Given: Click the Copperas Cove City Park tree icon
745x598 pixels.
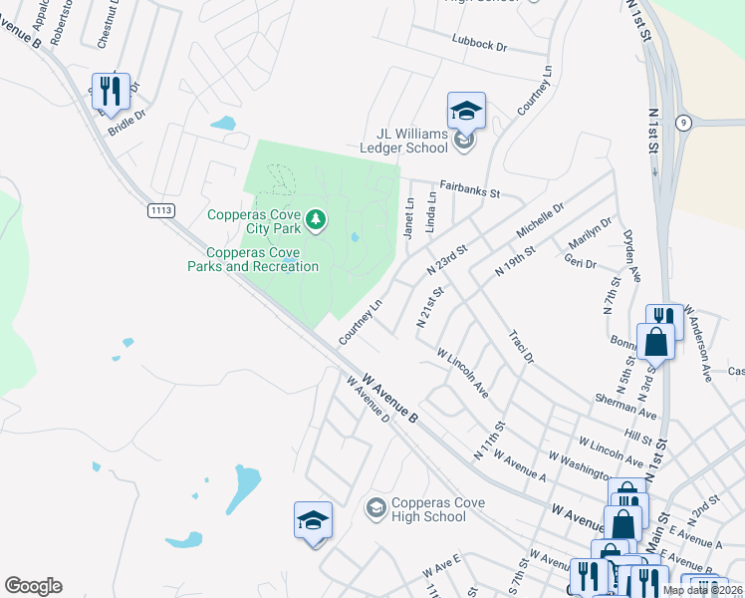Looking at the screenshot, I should (316, 218).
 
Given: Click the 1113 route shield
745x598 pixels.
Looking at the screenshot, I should (160, 210).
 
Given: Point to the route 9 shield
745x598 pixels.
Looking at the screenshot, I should (682, 123).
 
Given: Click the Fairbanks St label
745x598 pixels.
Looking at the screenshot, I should (468, 189).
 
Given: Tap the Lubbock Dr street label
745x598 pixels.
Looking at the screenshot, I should (479, 47).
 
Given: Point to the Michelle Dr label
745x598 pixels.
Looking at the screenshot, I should (540, 219).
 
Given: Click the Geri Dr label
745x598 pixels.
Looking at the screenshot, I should (580, 263).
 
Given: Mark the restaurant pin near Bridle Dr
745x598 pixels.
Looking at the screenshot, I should (111, 91).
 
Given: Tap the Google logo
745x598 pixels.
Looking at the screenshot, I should (33, 586).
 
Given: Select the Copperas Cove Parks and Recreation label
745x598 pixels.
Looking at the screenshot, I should (253, 259).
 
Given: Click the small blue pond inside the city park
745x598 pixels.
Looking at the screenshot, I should (356, 237).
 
